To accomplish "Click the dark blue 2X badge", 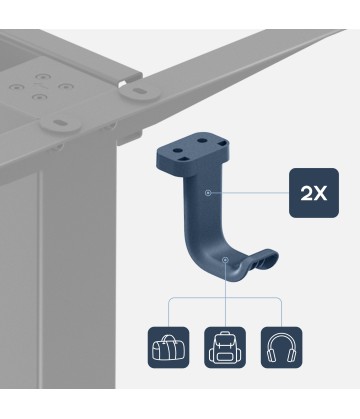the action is (314, 193).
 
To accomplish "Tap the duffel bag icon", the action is (169, 347).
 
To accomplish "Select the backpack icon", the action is (225, 347).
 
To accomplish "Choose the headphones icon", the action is (282, 347).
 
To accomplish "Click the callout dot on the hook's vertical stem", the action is (208, 193).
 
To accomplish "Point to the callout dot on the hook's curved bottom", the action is (226, 260).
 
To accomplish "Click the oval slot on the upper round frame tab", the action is (138, 91).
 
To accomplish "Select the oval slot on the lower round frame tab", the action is (61, 122).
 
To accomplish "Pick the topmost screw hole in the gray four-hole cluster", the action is (43, 77).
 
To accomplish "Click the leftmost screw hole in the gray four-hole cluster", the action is (16, 88).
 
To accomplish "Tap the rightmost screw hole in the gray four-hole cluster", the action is (65, 87).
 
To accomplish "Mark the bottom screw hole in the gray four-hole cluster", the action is (39, 98).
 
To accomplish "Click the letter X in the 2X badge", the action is (320, 193).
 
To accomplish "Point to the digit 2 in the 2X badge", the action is (306, 193).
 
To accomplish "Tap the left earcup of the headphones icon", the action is (271, 355).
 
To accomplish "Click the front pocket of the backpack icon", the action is (225, 357).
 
